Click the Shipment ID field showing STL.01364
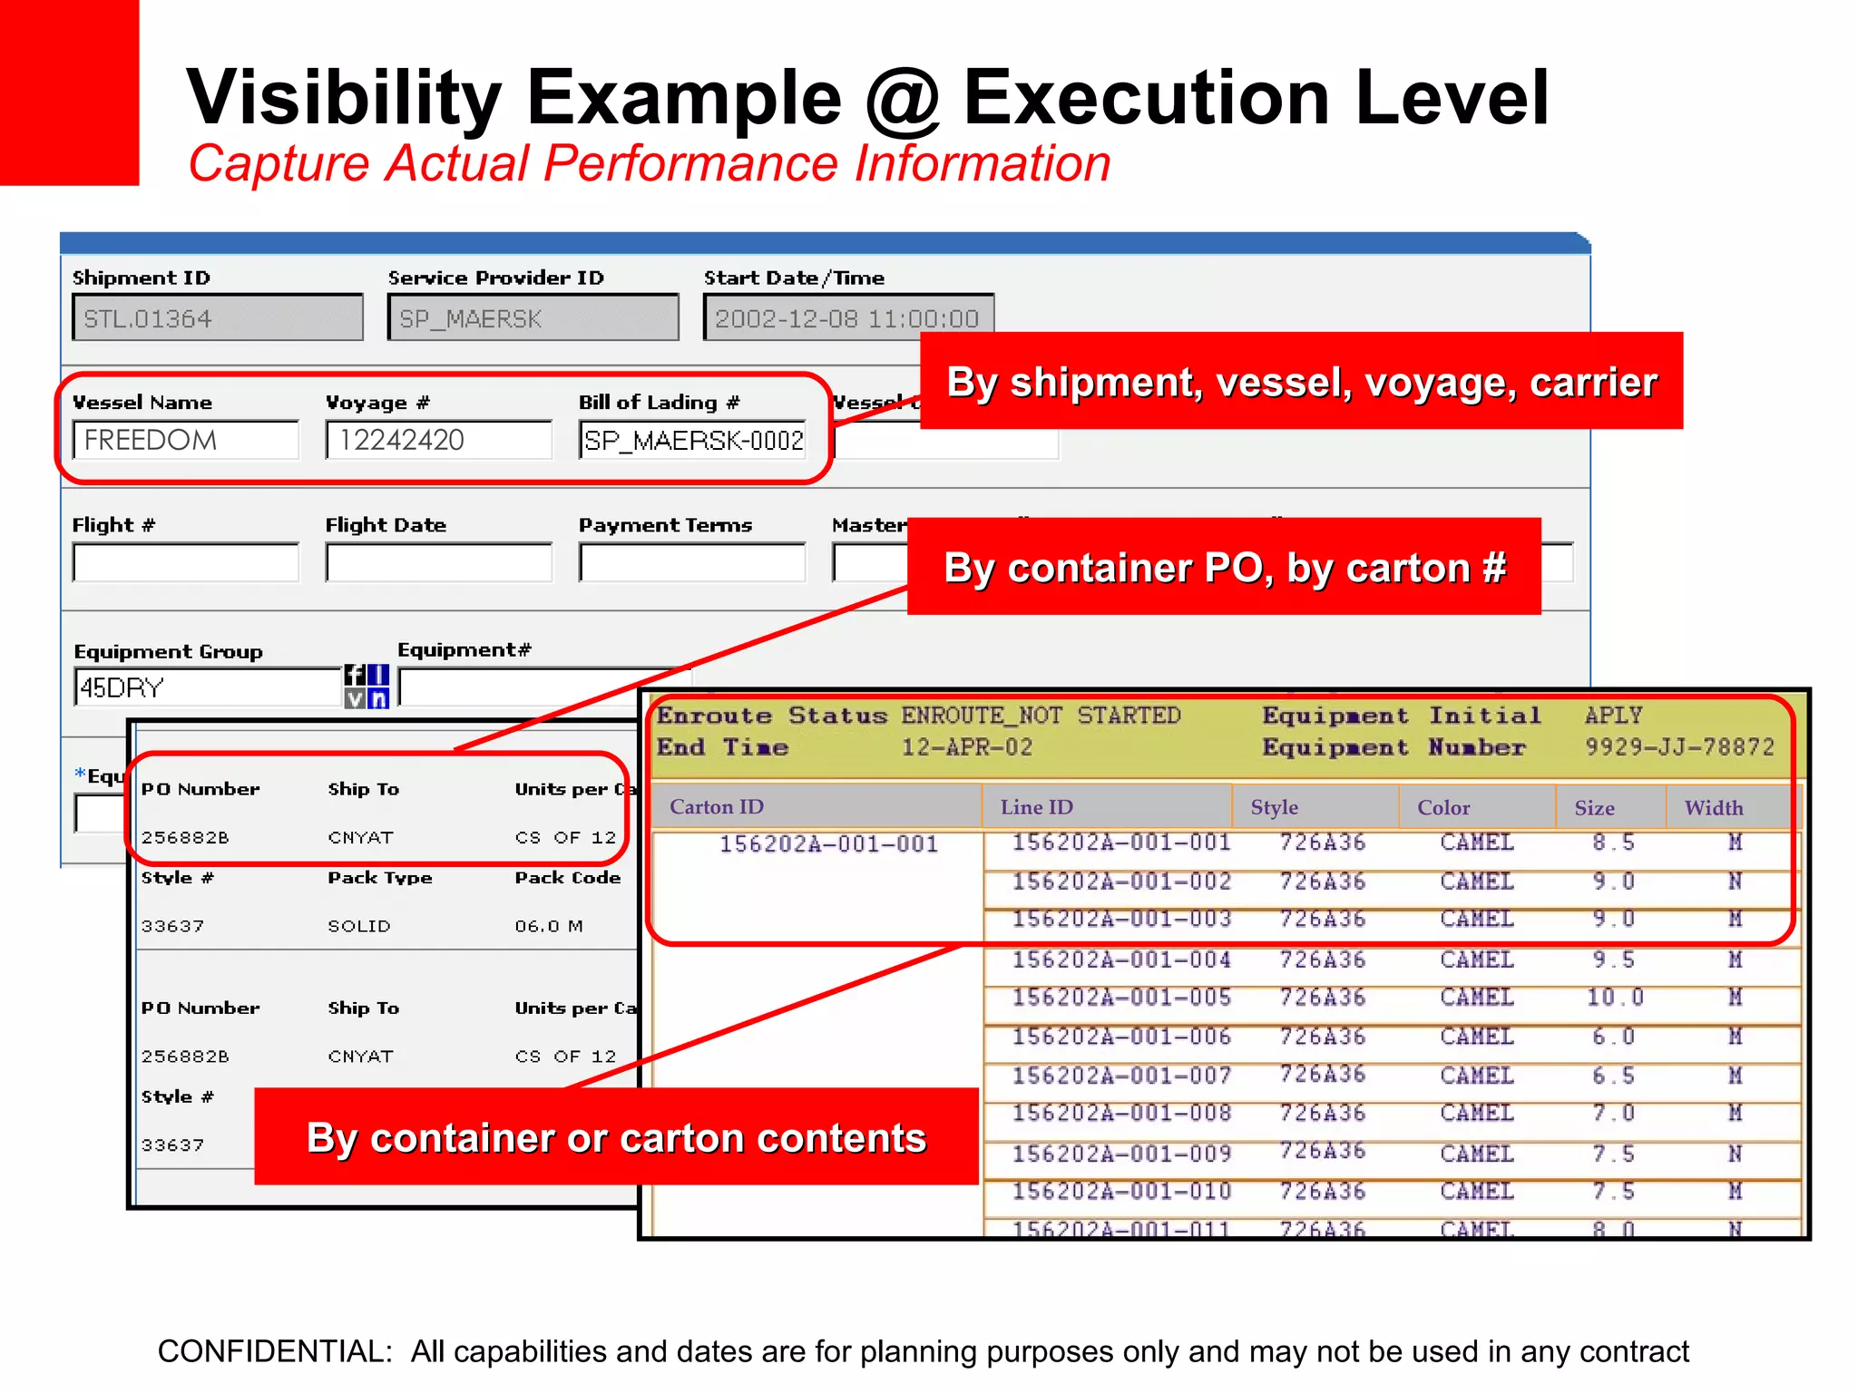point(217,318)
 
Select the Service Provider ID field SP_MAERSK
point(533,318)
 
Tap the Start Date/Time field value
point(847,318)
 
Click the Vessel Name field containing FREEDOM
point(186,441)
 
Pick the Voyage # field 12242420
point(438,441)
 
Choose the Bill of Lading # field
point(692,441)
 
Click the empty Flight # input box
point(186,563)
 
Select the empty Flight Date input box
point(438,563)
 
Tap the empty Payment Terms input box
point(692,563)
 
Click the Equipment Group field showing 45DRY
point(207,687)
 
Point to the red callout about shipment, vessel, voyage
point(1301,382)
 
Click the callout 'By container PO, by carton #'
point(1224,568)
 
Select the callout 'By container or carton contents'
point(616,1137)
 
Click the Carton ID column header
point(717,807)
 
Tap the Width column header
point(1714,808)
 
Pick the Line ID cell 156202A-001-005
point(1121,998)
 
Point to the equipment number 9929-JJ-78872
point(1679,747)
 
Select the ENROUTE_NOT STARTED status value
point(1041,716)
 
